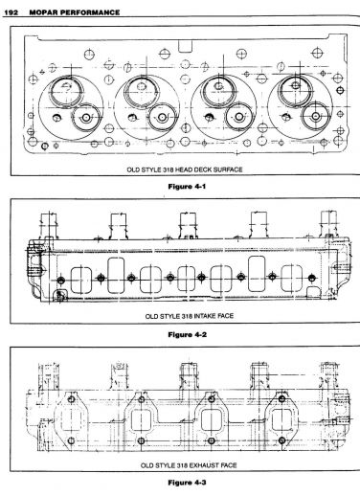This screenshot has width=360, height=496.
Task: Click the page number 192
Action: [x=11, y=12]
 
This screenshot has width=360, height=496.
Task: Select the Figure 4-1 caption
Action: [x=187, y=187]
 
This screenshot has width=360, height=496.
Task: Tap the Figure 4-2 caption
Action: [x=188, y=334]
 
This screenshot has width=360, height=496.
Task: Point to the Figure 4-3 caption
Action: [x=188, y=483]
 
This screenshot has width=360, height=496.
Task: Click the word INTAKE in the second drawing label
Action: [x=205, y=316]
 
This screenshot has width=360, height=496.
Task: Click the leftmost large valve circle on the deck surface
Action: [x=66, y=91]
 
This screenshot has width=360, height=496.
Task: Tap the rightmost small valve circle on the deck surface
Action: [x=316, y=116]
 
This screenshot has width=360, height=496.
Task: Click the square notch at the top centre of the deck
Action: [x=185, y=46]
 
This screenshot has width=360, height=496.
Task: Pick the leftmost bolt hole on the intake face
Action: [x=61, y=281]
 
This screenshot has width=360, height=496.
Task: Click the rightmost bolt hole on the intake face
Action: [x=312, y=278]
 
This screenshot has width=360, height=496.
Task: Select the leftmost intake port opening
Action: [x=81, y=281]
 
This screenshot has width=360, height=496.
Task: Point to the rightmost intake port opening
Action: [x=291, y=279]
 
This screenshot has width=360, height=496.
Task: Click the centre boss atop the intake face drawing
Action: [x=188, y=226]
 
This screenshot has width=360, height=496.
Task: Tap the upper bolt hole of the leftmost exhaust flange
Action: [x=71, y=399]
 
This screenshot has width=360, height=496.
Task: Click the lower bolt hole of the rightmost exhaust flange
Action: [x=281, y=440]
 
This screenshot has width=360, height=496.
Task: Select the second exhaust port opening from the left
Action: [x=141, y=420]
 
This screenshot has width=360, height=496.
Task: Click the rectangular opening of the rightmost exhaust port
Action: [x=281, y=419]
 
